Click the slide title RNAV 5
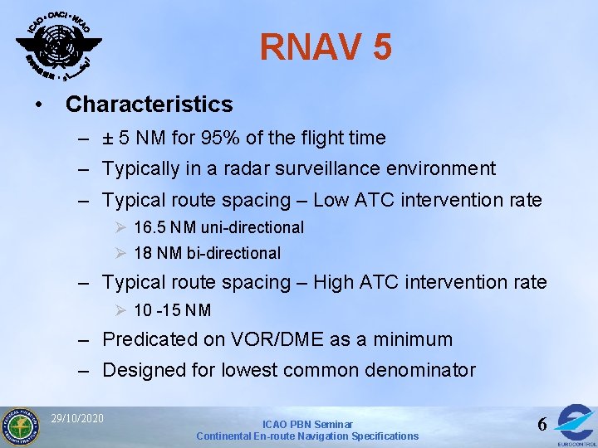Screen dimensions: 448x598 click(x=326, y=47)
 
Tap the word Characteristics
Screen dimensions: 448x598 click(x=149, y=105)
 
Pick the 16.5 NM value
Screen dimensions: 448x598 click(x=164, y=227)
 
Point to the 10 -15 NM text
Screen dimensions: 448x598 click(x=172, y=310)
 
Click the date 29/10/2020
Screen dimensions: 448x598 click(x=76, y=417)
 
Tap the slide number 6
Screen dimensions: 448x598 click(x=542, y=424)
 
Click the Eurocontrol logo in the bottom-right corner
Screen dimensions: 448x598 click(x=576, y=423)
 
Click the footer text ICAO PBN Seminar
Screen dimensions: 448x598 click(x=307, y=424)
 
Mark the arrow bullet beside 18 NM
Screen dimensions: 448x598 click(x=121, y=253)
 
